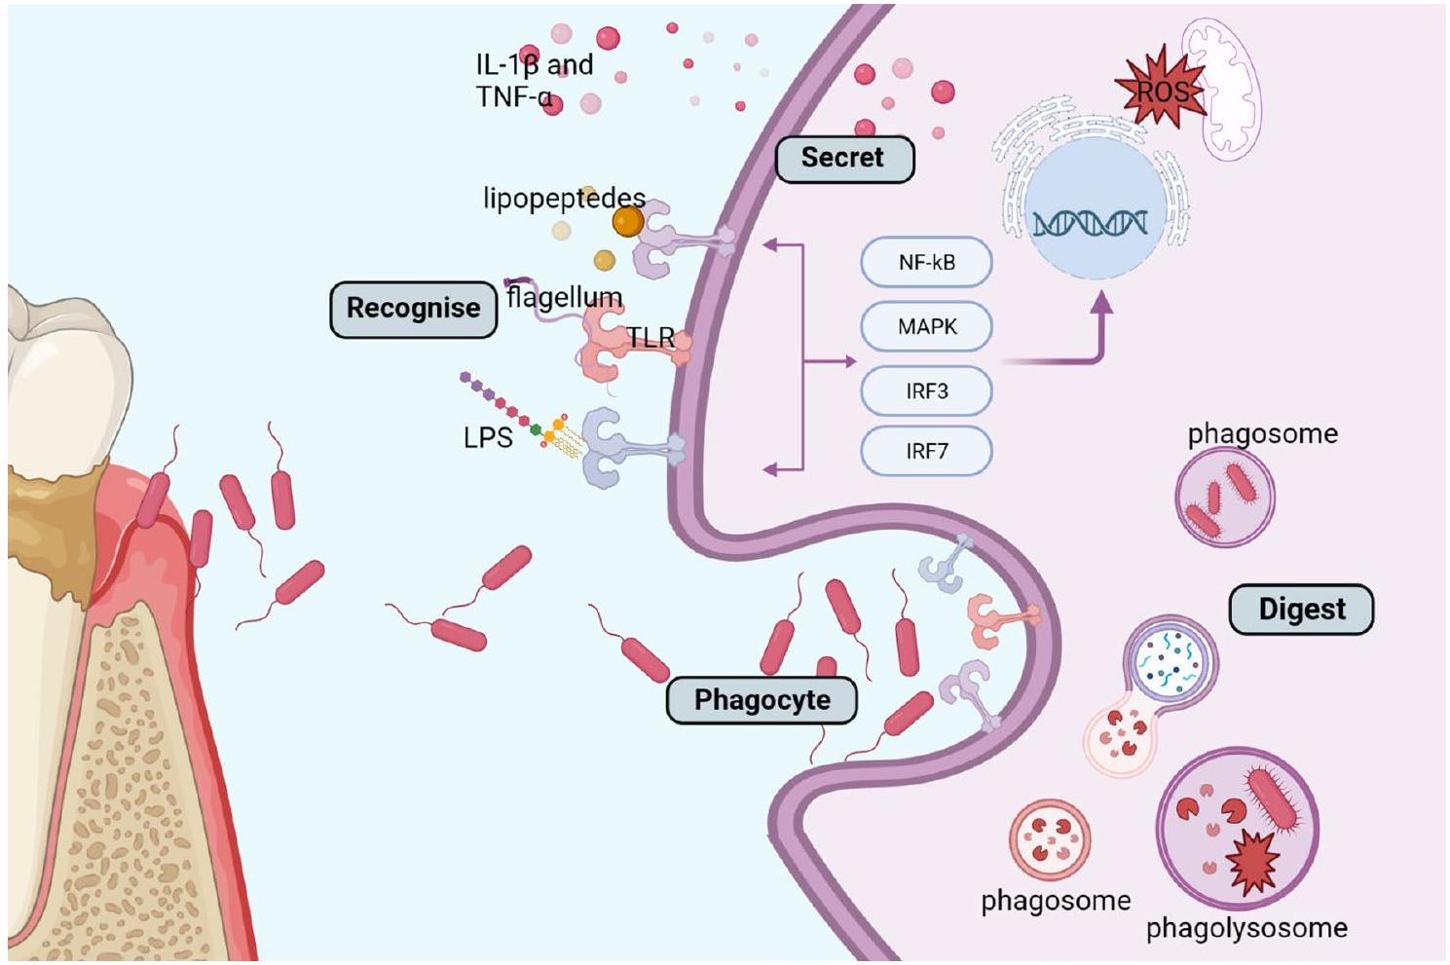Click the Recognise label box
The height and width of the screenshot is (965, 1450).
click(413, 309)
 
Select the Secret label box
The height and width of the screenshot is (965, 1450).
click(843, 158)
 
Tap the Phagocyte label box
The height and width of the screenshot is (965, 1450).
click(762, 700)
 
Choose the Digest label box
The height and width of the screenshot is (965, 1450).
click(1301, 610)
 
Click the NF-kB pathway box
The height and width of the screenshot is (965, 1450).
click(926, 262)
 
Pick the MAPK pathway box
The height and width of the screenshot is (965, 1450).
click(926, 326)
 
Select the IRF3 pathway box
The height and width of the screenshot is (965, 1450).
click(926, 391)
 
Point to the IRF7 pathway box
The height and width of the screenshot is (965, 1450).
click(926, 452)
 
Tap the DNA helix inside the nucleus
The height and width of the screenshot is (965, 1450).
click(1090, 224)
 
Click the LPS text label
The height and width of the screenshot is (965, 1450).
click(488, 438)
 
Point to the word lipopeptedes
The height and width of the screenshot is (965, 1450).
click(564, 199)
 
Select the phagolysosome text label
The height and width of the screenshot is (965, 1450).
click(1246, 928)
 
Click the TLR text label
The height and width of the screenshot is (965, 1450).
click(651, 338)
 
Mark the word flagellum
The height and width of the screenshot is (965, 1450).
click(565, 296)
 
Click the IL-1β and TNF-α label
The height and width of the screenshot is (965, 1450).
click(534, 81)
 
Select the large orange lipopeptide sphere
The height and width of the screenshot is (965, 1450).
click(628, 223)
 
